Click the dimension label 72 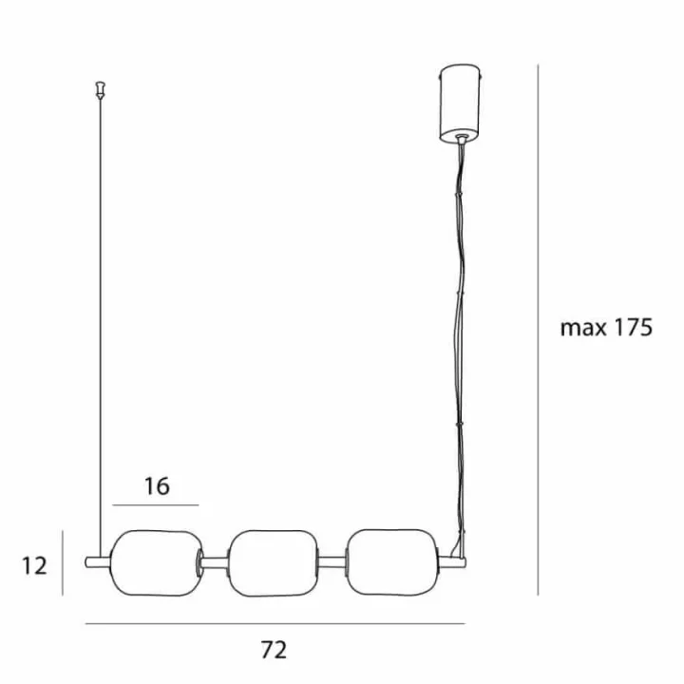click(x=274, y=650)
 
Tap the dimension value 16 click(x=157, y=486)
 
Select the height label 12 click(x=34, y=566)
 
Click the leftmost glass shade click(x=157, y=562)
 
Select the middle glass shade click(x=274, y=563)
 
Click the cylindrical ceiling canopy click(x=460, y=104)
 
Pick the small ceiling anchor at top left click(x=101, y=89)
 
